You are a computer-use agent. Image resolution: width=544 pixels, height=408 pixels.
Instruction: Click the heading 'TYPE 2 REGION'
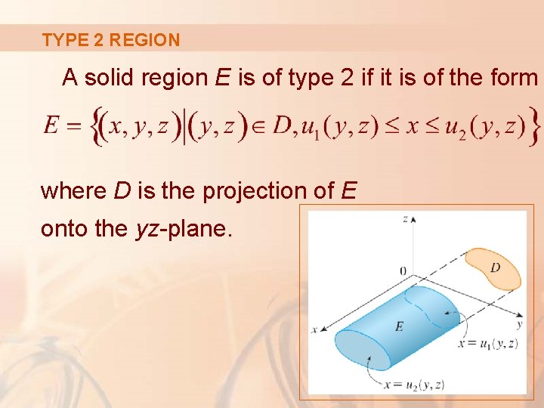coord(111,40)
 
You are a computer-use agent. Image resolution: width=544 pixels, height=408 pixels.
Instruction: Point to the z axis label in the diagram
coord(406,218)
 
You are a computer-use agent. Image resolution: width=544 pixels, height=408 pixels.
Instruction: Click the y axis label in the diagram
coord(519,325)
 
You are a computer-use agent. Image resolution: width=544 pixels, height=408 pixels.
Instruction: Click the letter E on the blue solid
coord(399,326)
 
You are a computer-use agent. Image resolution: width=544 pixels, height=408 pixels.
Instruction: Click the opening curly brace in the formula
coord(96,126)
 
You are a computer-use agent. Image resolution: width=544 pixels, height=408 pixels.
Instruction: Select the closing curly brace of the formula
coord(535,126)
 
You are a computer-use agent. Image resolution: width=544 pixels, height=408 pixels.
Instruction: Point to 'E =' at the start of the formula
coord(62,126)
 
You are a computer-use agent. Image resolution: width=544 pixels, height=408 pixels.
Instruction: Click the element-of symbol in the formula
coord(258,127)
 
